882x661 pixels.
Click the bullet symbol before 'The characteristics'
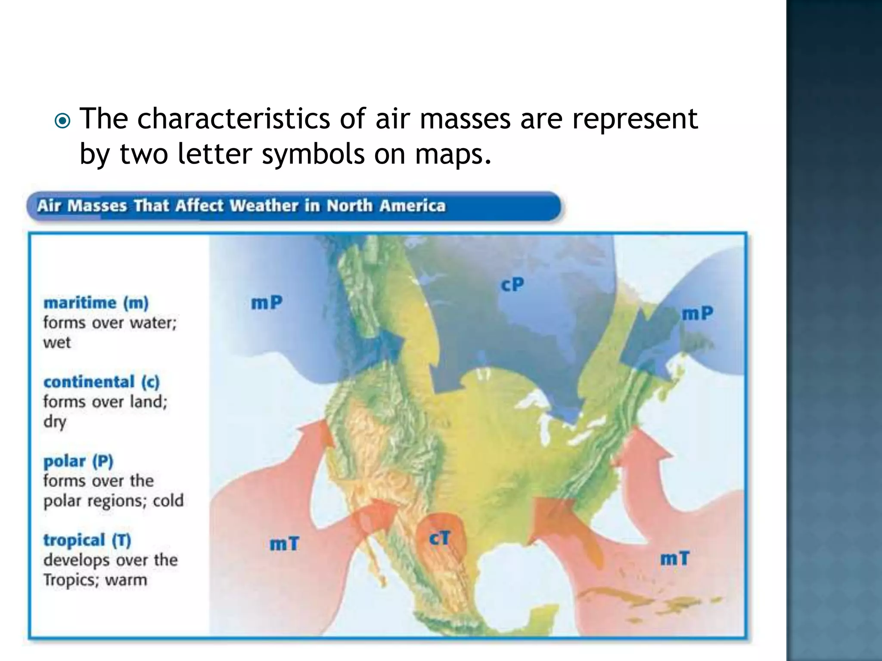[x=63, y=121]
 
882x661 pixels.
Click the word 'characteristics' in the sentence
[x=233, y=118]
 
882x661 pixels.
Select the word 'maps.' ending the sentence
[x=453, y=154]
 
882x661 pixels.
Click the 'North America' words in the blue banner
[x=386, y=206]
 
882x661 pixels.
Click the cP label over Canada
[x=512, y=284]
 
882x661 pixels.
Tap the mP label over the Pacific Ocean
[x=267, y=303]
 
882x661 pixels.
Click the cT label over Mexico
[x=440, y=538]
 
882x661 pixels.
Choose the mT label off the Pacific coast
[x=284, y=544]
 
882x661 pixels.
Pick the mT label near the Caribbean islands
[x=674, y=559]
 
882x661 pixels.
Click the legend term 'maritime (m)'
[x=96, y=303]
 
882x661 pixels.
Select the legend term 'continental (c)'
[x=101, y=382]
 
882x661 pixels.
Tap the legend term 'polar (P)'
[x=78, y=461]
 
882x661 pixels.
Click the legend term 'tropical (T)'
[x=87, y=540]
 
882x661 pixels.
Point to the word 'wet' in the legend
[x=56, y=343]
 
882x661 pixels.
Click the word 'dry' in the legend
[x=55, y=422]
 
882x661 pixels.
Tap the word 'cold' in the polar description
[x=168, y=500]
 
